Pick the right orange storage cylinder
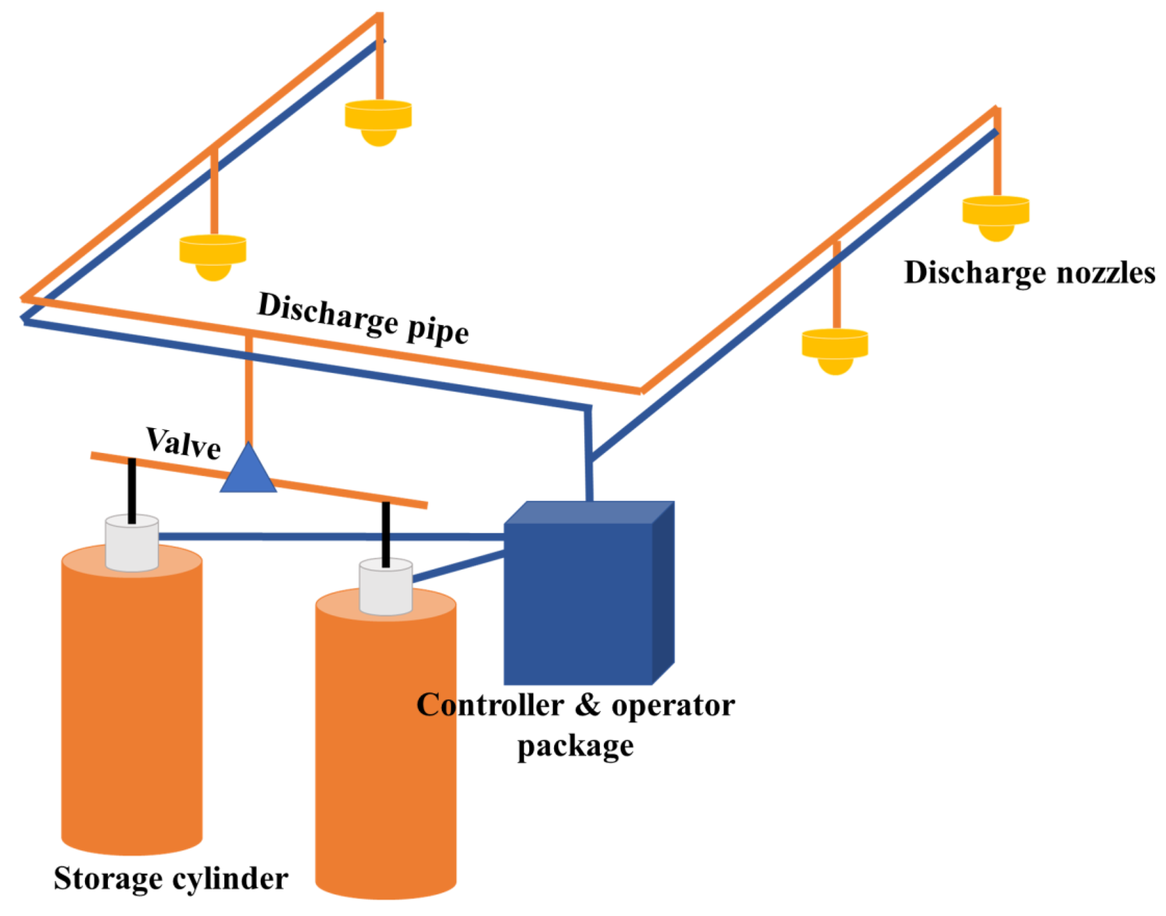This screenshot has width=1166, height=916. click(385, 751)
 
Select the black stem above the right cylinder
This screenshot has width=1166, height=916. click(386, 534)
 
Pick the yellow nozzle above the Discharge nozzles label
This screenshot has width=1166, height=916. click(996, 217)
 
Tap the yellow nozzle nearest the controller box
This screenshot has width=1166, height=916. click(835, 350)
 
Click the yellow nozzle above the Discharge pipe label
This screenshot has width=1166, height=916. click(213, 256)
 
